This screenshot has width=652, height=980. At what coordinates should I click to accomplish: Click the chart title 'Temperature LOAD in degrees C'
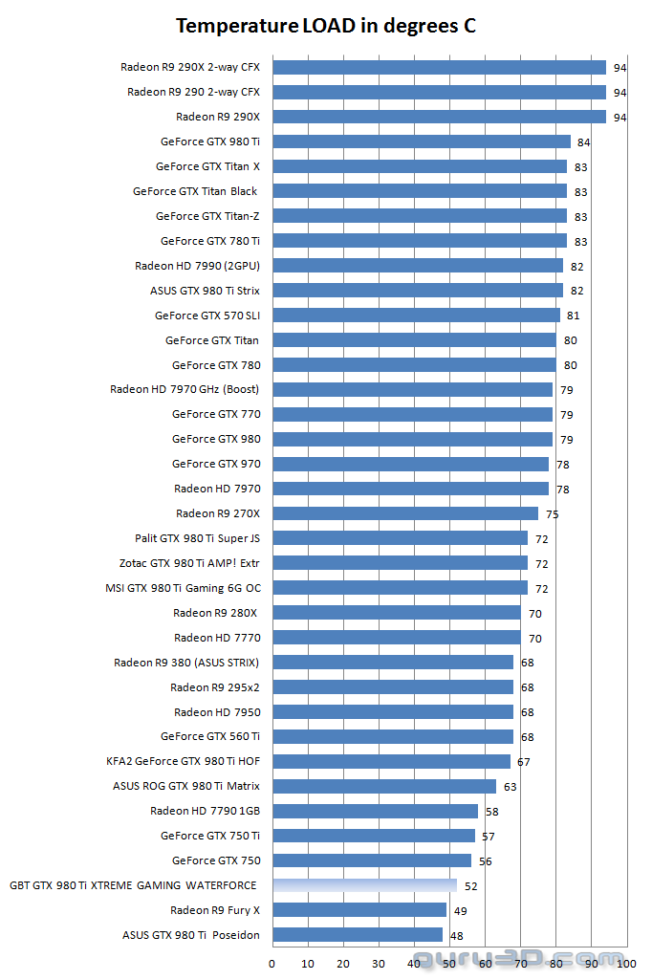click(x=326, y=26)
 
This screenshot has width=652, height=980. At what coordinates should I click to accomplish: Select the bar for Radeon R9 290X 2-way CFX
click(x=439, y=67)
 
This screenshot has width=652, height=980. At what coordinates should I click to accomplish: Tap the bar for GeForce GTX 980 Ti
click(x=421, y=142)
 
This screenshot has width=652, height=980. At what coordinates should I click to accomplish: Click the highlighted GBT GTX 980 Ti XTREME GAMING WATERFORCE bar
click(x=364, y=885)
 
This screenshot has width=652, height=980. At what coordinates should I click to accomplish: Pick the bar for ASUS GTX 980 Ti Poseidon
click(x=358, y=935)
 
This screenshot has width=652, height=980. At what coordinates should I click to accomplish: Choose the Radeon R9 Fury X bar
click(x=359, y=910)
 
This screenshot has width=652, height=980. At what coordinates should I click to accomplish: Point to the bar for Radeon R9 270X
click(x=405, y=513)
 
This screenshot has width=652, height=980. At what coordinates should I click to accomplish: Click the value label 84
click(x=583, y=142)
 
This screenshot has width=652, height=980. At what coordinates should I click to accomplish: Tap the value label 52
click(x=470, y=886)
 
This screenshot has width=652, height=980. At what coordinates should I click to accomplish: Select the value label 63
click(x=510, y=787)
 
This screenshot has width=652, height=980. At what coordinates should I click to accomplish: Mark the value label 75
click(x=552, y=514)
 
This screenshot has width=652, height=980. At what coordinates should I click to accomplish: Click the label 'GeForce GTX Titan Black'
click(x=195, y=191)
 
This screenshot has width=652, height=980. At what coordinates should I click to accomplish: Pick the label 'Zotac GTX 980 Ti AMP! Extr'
click(x=189, y=563)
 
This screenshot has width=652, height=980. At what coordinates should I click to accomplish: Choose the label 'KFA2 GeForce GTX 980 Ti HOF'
click(x=183, y=762)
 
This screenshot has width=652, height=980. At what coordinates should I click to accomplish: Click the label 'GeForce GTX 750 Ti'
click(x=210, y=836)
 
